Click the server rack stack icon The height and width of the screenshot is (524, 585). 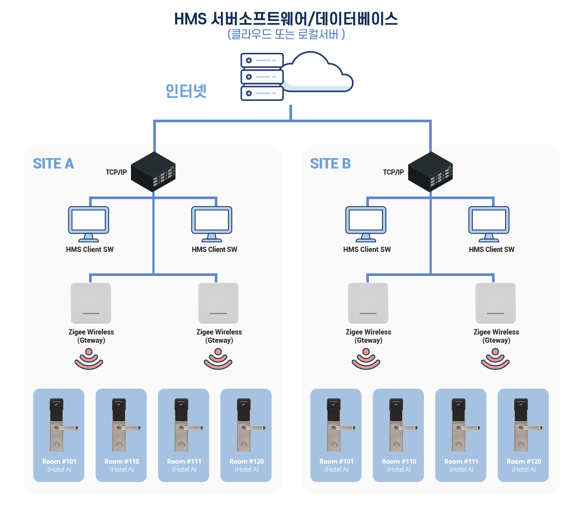pos(262,77)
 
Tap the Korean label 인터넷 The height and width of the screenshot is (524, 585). pos(186,91)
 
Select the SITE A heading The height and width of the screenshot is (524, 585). pos(53,164)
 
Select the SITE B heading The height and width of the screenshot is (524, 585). pos(330,164)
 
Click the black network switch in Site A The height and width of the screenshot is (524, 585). pos(153,172)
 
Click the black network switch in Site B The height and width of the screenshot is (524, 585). pos(430,172)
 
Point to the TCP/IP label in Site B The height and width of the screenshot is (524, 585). pos(393,172)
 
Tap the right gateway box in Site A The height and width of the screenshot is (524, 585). pos(218,303)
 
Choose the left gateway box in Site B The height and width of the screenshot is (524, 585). pos(368,303)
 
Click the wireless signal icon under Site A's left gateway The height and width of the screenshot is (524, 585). pos(89,359)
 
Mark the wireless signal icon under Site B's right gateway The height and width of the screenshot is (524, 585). pos(495,359)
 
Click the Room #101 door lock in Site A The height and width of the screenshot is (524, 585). pos(58,424)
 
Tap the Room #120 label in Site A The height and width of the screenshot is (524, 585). pos(247,462)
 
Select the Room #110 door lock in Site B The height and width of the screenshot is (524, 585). pos(398,424)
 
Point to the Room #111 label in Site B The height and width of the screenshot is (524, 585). pos(461,462)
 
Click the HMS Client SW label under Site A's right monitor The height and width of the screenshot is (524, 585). pos(214,250)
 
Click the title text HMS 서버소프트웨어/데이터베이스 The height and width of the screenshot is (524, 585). pos(286,19)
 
